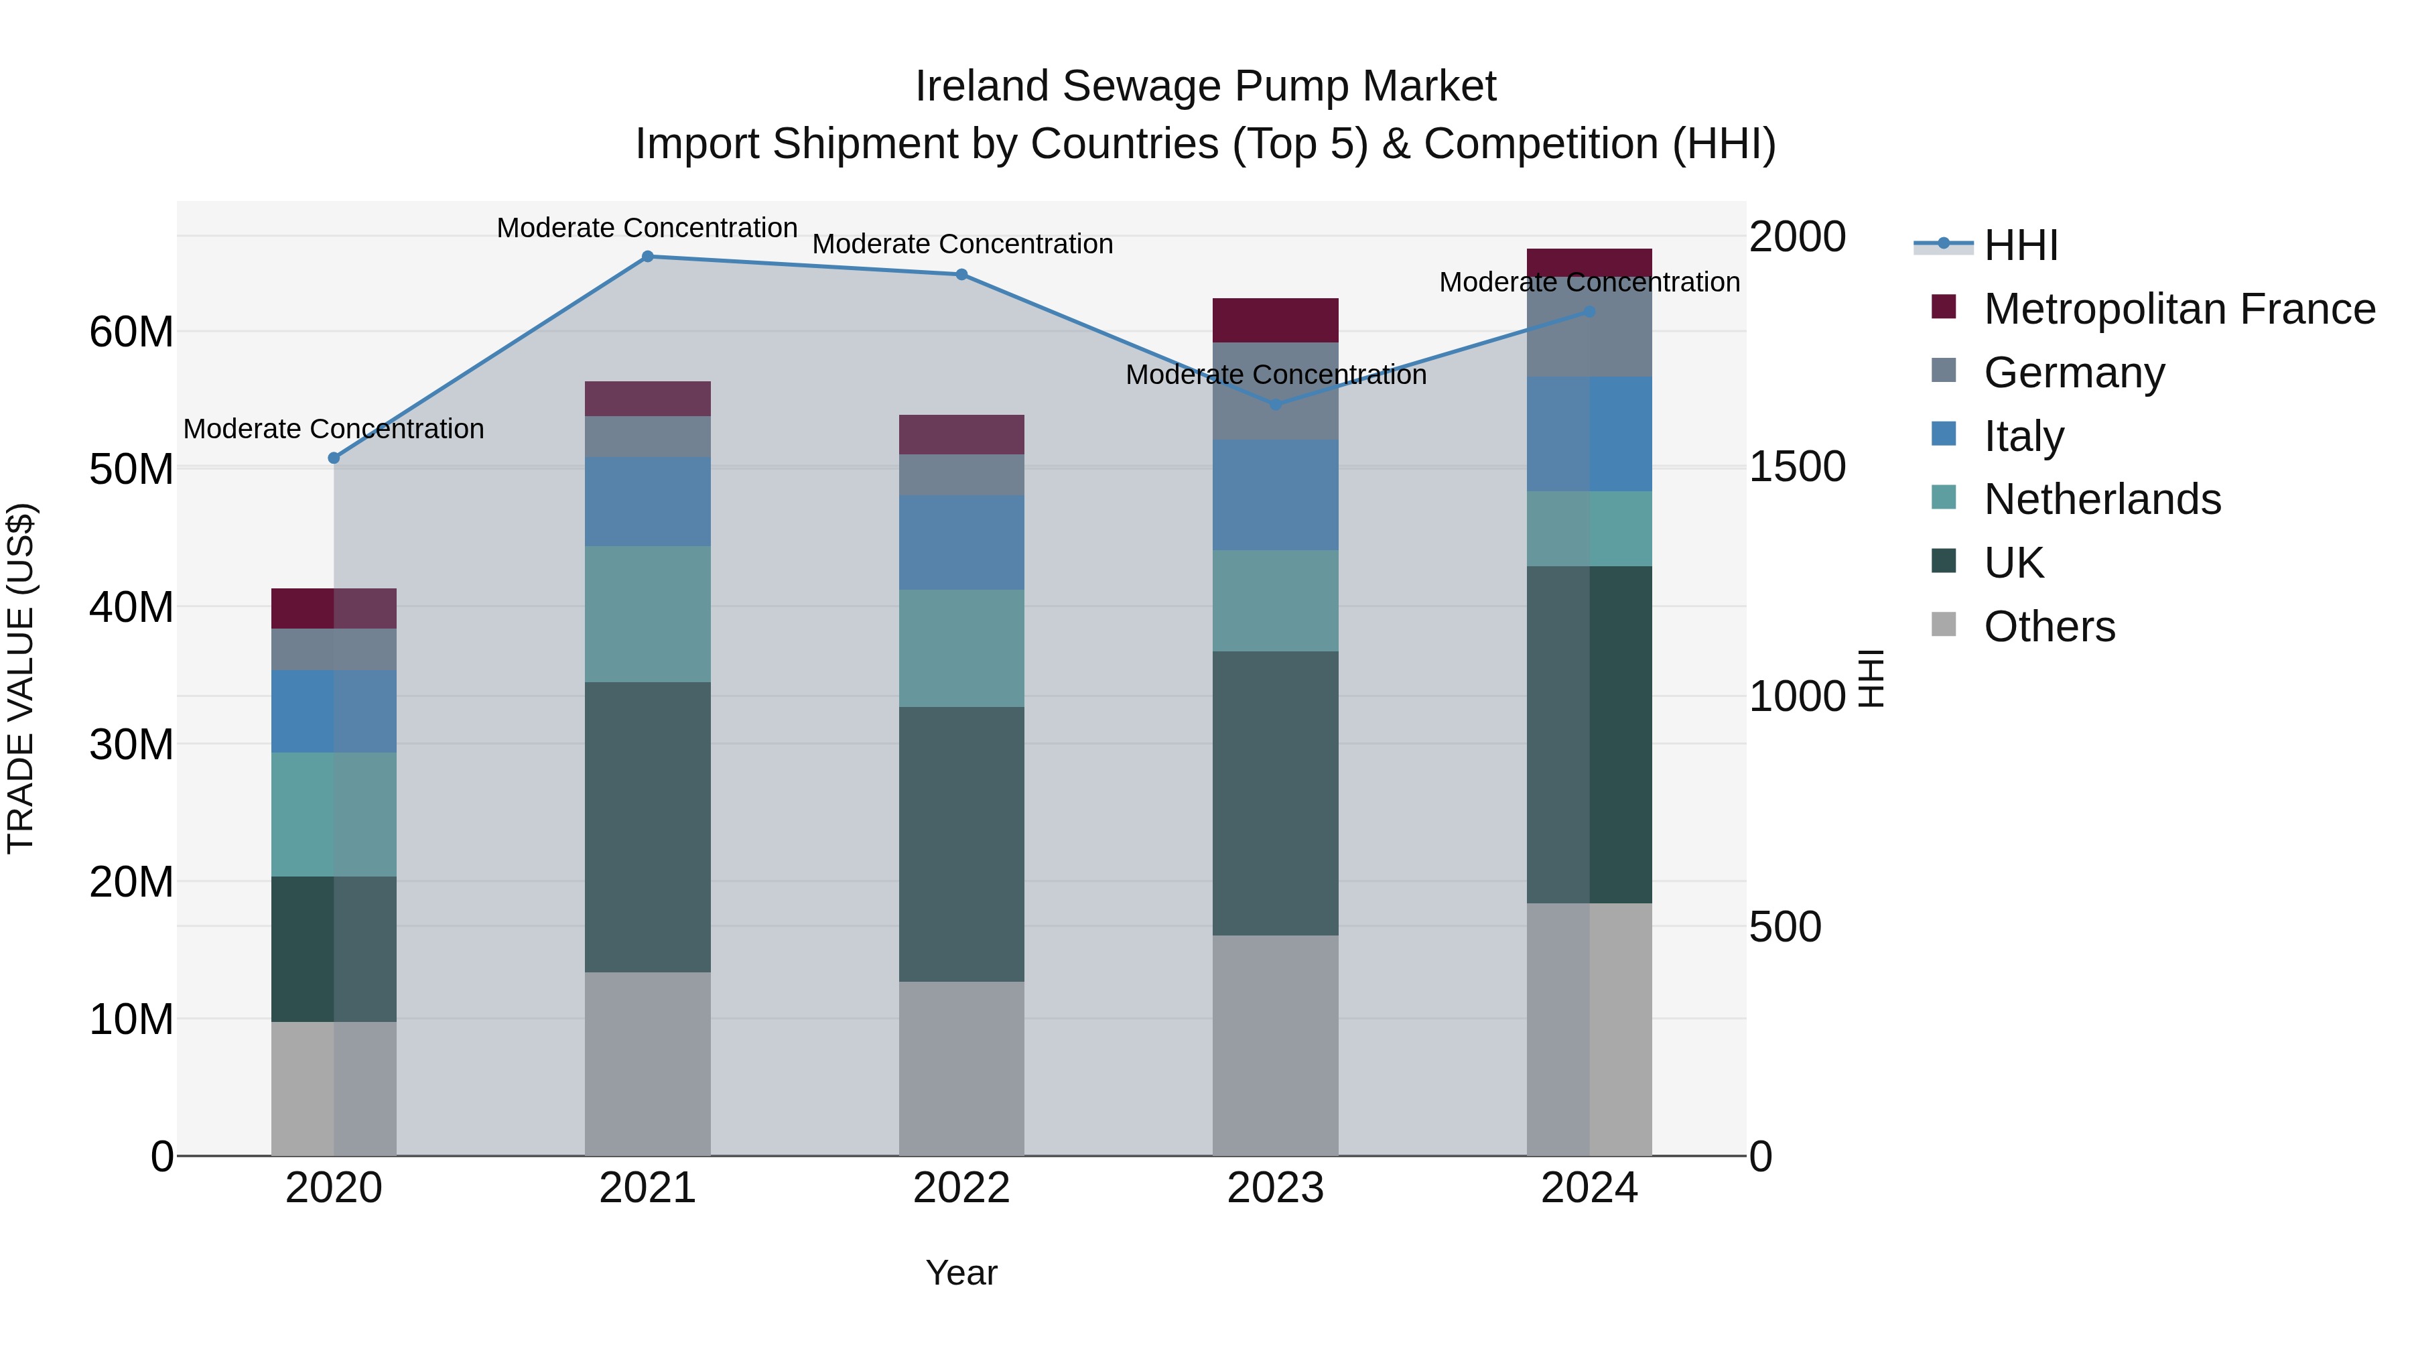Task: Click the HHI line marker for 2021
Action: [x=647, y=257]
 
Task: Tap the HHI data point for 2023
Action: [x=1274, y=405]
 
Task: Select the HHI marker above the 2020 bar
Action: [x=334, y=458]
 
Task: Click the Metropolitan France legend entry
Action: [x=2178, y=309]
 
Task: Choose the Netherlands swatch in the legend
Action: [x=1944, y=498]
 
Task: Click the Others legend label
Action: [x=2049, y=627]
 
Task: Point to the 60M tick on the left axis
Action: [x=131, y=332]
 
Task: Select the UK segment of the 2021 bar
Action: [x=647, y=826]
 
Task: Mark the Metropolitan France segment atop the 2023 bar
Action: [x=1274, y=320]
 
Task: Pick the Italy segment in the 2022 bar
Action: [x=961, y=541]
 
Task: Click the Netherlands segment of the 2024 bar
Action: [x=1589, y=528]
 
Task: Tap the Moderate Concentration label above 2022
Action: [x=961, y=245]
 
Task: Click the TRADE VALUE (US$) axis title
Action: [x=21, y=678]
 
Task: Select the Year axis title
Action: [x=961, y=1273]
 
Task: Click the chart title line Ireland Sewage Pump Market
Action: [x=1205, y=86]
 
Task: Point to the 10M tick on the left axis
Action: [x=131, y=1019]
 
